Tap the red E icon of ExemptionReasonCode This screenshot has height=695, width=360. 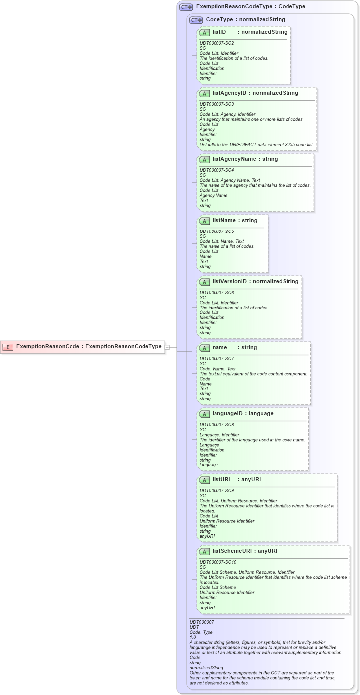[x=8, y=347]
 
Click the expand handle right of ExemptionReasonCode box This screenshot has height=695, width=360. [x=167, y=347]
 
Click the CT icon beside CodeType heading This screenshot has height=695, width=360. [x=196, y=20]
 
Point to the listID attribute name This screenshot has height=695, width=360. [x=219, y=32]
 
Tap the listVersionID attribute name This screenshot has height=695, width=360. [x=229, y=281]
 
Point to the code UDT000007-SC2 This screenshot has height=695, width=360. [x=216, y=43]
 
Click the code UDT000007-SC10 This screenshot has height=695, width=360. [x=217, y=562]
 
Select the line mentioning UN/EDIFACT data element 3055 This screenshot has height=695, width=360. [x=256, y=145]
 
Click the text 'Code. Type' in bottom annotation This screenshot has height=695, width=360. [x=201, y=632]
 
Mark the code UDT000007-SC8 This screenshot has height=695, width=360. [x=216, y=425]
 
